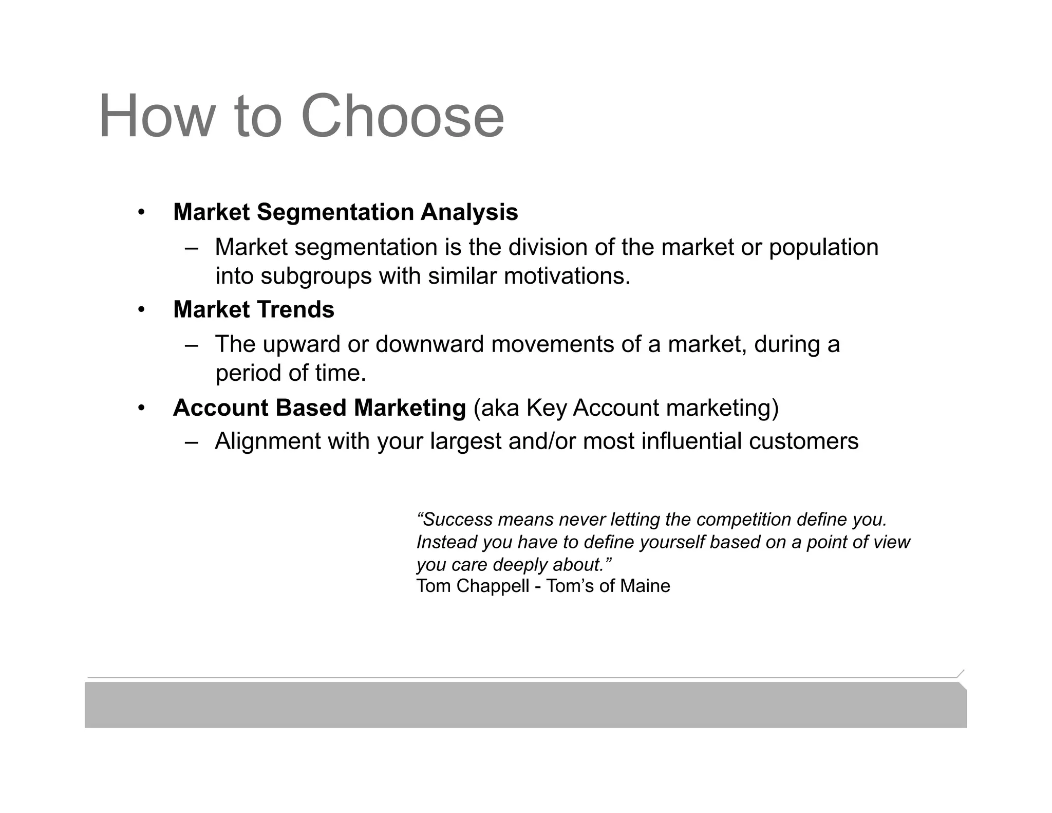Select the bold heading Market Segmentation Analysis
tap(345, 212)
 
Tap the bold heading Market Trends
tap(254, 309)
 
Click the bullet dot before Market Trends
tap(141, 310)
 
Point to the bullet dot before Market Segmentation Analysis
tap(141, 212)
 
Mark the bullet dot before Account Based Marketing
tap(141, 409)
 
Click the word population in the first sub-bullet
tap(823, 248)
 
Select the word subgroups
tap(315, 276)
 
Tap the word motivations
tap(567, 276)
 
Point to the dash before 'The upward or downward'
tap(192, 345)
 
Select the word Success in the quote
tap(458, 520)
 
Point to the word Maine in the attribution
tap(645, 586)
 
